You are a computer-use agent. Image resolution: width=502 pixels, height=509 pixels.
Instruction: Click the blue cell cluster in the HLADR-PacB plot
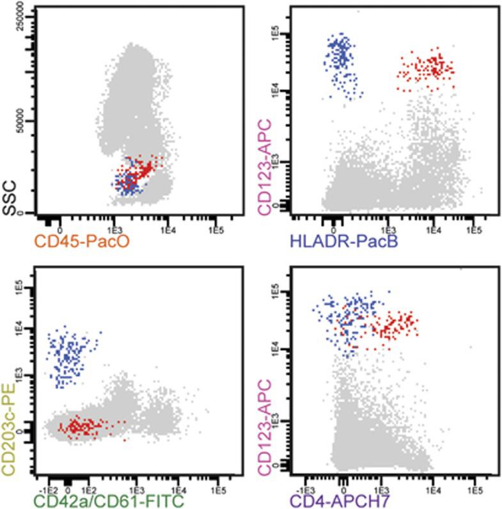point(342,61)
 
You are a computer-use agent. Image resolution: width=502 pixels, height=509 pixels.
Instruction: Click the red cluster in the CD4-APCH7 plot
point(393,327)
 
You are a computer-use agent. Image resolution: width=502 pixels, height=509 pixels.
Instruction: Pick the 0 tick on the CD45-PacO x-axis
point(60,229)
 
